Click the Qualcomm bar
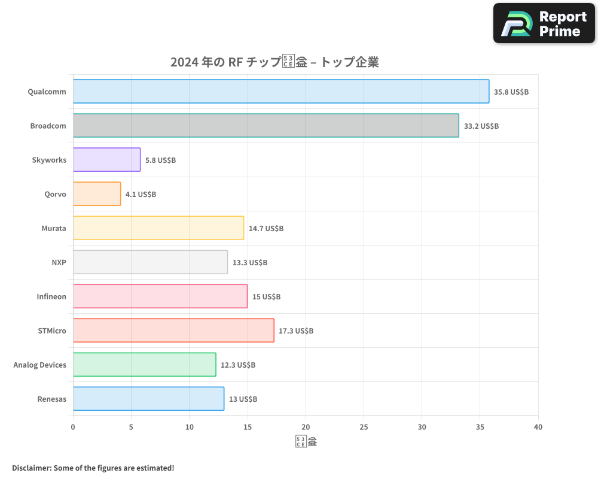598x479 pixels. pos(281,92)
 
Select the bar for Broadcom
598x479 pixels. pos(266,126)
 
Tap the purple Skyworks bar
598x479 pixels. pos(107,160)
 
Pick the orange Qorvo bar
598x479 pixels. pos(97,194)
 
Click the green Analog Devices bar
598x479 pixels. pos(145,365)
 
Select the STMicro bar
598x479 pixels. pos(173,331)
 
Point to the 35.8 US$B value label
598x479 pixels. pos(511,92)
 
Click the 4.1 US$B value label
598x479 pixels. pos(141,194)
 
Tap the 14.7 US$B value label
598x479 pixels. pos(266,228)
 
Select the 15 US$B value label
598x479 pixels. pos(266,296)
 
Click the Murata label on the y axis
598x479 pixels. pos(54,228)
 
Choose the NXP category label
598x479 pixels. pos(59,262)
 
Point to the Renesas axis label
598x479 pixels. pos(52,399)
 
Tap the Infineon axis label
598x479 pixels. pos(51,296)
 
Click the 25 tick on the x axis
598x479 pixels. pos(364,427)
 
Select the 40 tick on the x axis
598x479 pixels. pos(538,427)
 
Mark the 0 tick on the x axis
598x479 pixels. pos(73,427)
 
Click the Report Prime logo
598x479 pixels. pos(544,23)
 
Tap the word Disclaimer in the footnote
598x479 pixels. pos(31,468)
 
